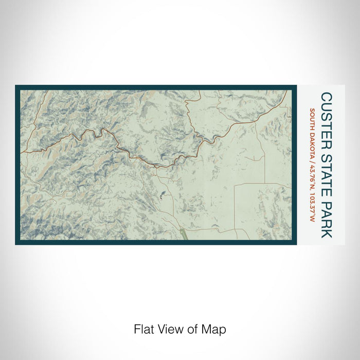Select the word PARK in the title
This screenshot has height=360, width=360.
tap(327, 216)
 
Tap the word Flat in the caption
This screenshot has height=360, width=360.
tap(143, 329)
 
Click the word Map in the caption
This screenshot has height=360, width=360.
tap(215, 329)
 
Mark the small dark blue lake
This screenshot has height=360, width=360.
tap(163, 194)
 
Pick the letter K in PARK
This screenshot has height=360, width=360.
tap(327, 232)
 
